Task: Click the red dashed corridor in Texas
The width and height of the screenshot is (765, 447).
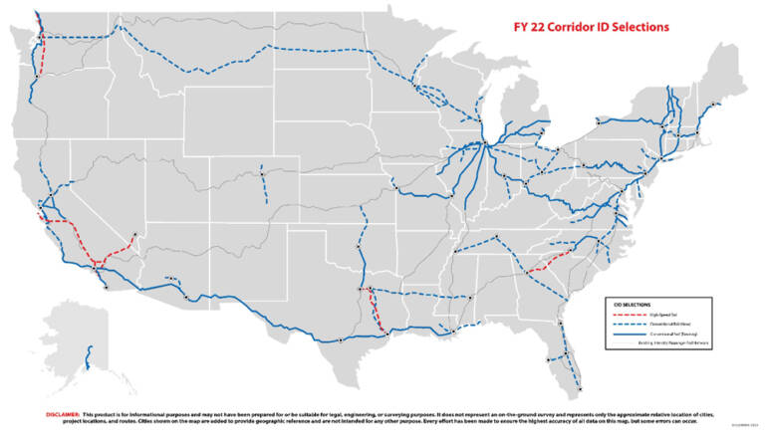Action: [x=376, y=311]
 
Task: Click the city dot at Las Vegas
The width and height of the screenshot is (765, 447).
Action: [x=134, y=236]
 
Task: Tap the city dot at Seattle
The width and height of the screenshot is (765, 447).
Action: [x=43, y=39]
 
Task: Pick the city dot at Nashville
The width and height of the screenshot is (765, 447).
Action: [x=495, y=237]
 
